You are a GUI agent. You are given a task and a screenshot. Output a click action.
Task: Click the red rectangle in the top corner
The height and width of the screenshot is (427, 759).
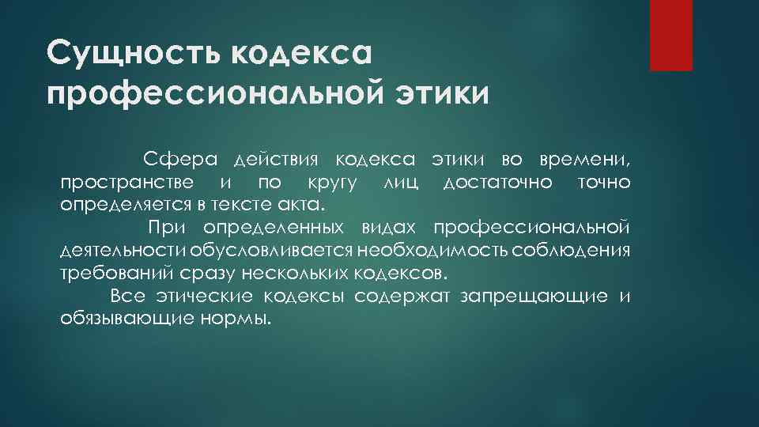coord(670,35)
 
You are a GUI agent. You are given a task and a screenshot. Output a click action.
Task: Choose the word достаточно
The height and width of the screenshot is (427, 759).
coord(497,183)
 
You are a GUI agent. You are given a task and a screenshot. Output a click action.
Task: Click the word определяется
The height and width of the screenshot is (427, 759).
coord(123,206)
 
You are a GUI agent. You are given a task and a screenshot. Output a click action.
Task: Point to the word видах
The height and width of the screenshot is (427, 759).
coord(387,229)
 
